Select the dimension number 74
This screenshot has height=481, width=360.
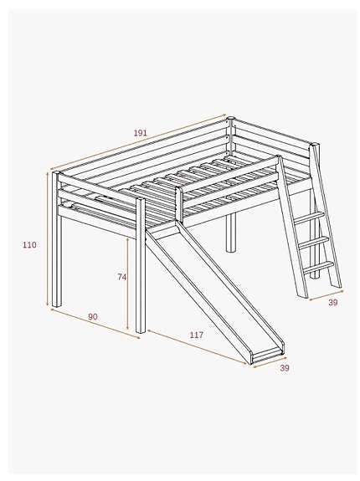(x=122, y=276)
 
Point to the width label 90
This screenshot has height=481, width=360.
(x=92, y=316)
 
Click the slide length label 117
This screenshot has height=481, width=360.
(x=196, y=335)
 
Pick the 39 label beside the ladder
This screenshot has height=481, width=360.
(x=332, y=303)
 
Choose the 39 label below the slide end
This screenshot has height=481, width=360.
(x=284, y=368)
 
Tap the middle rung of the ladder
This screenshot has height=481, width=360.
(x=314, y=241)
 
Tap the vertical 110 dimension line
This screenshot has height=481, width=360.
(x=47, y=243)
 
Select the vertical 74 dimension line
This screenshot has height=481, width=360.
(x=128, y=284)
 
